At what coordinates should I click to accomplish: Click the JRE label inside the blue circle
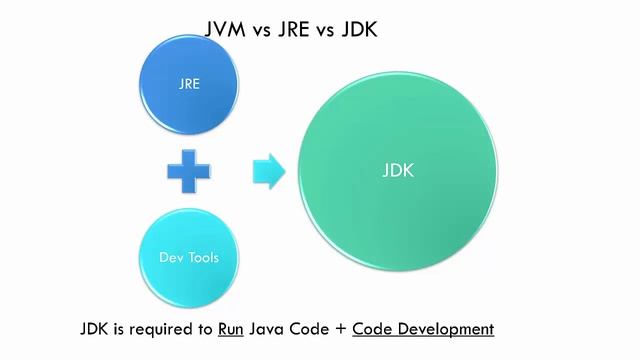pyautogui.click(x=189, y=84)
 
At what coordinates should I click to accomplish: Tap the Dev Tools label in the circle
pyautogui.click(x=189, y=258)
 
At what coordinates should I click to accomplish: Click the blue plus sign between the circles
pyautogui.click(x=189, y=171)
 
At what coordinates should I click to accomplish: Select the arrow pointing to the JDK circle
pyautogui.click(x=268, y=171)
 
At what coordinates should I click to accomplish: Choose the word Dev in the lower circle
pyautogui.click(x=172, y=258)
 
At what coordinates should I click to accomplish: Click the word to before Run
pyautogui.click(x=206, y=329)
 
